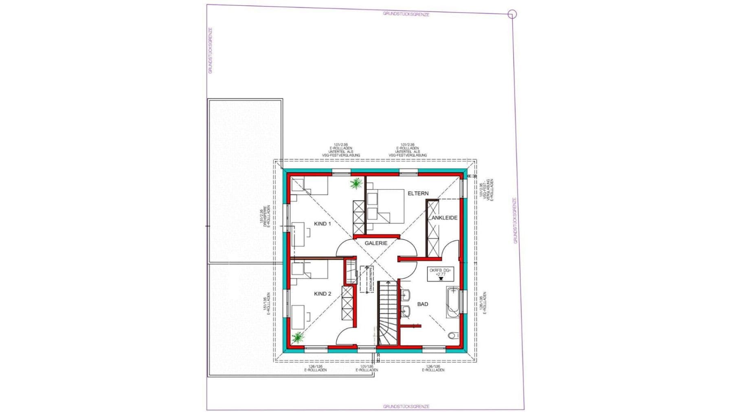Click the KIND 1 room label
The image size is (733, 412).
322,224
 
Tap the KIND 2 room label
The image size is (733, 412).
322,294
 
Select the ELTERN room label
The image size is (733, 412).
418,193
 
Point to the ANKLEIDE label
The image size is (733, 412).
444,218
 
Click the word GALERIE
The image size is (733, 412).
376,243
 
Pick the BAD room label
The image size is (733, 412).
422,304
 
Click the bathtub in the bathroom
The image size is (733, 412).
453,302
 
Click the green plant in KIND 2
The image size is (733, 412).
298,337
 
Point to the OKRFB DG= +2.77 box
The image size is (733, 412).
440,274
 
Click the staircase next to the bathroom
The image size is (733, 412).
387,313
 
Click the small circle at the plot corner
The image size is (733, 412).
512,14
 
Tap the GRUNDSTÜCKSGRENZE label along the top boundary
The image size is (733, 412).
406,14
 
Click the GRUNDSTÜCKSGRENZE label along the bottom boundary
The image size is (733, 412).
406,406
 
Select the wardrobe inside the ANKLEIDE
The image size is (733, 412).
432,229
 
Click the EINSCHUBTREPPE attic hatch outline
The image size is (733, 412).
366,279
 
